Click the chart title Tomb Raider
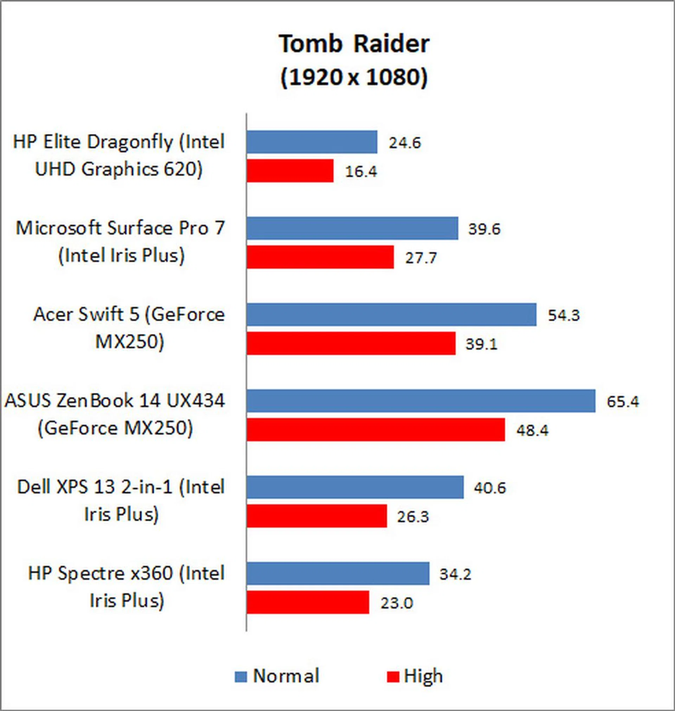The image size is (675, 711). (x=354, y=44)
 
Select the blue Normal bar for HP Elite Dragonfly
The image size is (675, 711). (x=311, y=142)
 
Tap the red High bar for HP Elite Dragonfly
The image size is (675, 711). (x=290, y=171)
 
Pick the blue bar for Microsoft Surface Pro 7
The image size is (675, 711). (x=352, y=228)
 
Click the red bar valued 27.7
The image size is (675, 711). (x=320, y=257)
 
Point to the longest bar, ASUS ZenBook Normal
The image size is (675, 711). (x=420, y=401)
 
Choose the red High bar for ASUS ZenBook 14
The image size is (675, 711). (x=375, y=430)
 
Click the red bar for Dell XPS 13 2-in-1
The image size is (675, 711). (x=316, y=516)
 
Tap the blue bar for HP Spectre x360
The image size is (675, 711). (x=337, y=573)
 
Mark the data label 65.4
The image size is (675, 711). (x=623, y=401)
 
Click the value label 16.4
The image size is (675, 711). (x=361, y=171)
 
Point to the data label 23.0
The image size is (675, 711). (x=397, y=603)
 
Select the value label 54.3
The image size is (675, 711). (x=564, y=315)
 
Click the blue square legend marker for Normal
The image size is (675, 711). (x=241, y=677)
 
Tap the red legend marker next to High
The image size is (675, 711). (x=393, y=677)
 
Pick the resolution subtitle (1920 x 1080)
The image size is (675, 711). (x=354, y=77)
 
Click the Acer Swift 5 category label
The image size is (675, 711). (x=129, y=328)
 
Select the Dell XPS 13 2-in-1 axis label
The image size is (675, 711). (x=121, y=500)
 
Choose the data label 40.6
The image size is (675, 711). (x=489, y=488)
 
